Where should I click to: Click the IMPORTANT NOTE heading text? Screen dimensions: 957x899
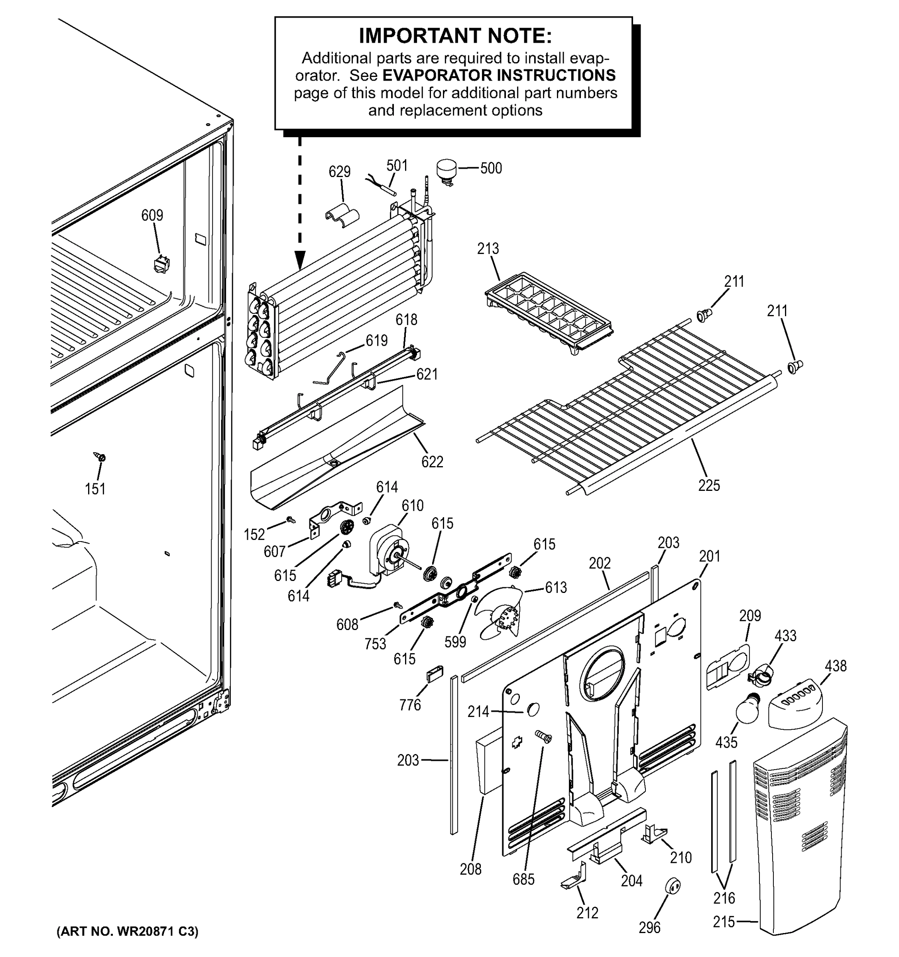455,35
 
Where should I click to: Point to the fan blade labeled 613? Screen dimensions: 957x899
500,614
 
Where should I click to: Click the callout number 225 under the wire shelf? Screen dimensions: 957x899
708,485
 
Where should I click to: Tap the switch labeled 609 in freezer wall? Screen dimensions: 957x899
161,264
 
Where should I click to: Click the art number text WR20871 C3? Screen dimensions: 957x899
127,931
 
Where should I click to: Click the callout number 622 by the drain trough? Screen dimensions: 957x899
432,462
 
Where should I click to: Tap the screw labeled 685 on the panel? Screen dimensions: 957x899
544,736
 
